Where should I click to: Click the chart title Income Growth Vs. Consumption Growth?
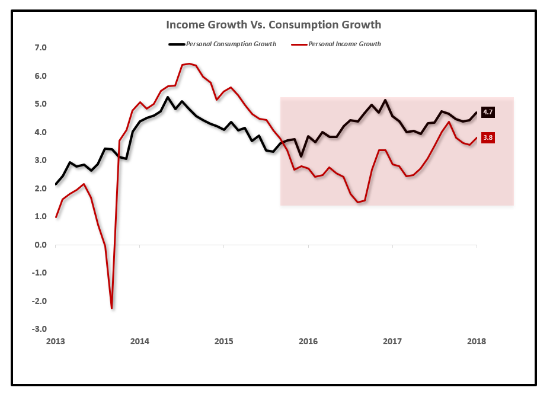(273, 25)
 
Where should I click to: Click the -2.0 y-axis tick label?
(38, 301)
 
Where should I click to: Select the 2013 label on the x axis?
(55, 341)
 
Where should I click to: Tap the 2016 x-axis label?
(308, 341)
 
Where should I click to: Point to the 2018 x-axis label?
(477, 341)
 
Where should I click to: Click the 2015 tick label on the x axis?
(224, 341)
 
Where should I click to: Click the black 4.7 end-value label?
(488, 112)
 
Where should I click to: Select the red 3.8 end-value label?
(488, 138)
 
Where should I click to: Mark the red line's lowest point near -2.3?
(111, 308)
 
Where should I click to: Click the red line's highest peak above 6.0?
(188, 63)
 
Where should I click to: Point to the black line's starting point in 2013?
(56, 184)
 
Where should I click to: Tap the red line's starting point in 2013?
(56, 217)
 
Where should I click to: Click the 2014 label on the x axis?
(139, 341)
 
